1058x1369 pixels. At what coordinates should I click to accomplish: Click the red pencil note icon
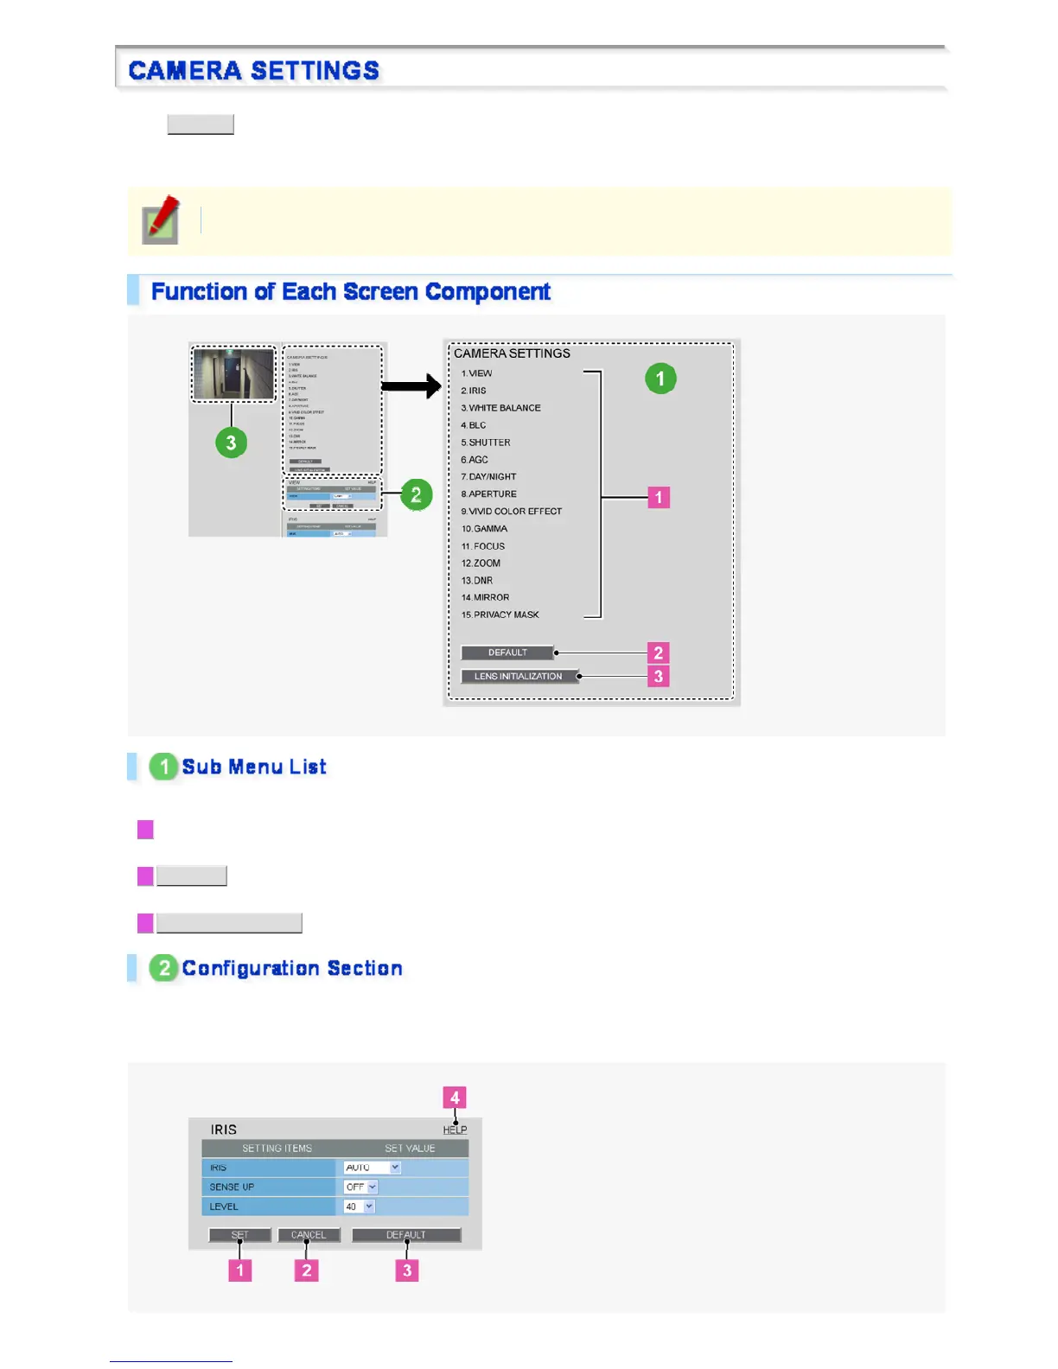[161, 220]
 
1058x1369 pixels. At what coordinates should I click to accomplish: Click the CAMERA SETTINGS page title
[253, 70]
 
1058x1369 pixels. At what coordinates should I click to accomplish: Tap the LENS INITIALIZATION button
[518, 676]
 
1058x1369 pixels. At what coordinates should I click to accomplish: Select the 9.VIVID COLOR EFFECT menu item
[511, 511]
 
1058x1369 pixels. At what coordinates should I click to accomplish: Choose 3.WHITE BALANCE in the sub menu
[500, 408]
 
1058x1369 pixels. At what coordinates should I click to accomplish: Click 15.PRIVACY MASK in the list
[500, 614]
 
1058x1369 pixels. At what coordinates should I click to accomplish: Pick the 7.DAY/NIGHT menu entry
[488, 476]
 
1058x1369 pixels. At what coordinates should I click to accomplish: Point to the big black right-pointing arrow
[411, 385]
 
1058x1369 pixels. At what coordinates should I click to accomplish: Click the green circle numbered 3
[231, 443]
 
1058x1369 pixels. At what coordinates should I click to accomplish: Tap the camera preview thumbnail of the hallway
[233, 374]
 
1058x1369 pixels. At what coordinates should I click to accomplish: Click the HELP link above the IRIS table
[455, 1130]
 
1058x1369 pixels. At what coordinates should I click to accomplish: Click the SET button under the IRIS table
[239, 1235]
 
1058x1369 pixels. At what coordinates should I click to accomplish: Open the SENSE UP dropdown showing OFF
[360, 1187]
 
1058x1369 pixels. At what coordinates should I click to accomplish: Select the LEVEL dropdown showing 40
[359, 1207]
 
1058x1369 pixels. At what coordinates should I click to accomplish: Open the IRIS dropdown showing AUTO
[372, 1168]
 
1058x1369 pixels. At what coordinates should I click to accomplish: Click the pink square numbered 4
[455, 1098]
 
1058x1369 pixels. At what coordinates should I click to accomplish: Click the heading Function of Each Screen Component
[350, 291]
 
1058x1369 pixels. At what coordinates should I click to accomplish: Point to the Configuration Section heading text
[291, 968]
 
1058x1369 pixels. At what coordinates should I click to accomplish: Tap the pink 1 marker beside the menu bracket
[659, 497]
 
